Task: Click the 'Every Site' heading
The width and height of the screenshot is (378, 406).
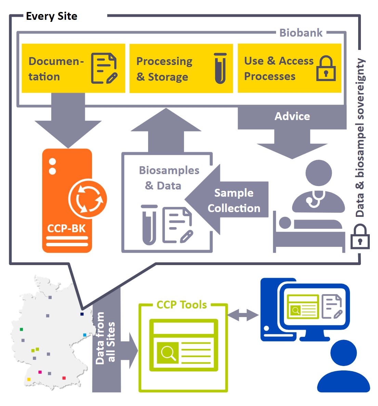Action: (52, 16)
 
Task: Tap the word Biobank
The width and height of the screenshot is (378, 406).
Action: (301, 33)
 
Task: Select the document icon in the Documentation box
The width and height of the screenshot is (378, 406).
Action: (104, 68)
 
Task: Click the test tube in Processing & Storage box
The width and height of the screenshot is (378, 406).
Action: (220, 68)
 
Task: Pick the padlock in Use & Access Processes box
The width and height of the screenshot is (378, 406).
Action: (326, 68)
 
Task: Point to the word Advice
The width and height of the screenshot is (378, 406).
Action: (292, 116)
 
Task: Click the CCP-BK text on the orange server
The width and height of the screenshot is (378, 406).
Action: (66, 228)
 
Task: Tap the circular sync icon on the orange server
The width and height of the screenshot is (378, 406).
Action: (88, 199)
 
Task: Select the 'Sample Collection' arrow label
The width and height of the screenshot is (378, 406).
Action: (234, 200)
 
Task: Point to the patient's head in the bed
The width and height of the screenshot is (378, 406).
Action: (285, 223)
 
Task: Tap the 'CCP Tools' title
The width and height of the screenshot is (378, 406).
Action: (182, 305)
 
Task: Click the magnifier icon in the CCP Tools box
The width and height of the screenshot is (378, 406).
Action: (168, 352)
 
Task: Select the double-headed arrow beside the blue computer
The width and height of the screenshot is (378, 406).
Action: (243, 315)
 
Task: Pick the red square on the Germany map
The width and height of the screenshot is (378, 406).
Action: (64, 378)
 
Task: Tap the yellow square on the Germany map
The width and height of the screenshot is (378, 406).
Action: (29, 379)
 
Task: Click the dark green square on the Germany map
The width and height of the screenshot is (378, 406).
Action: (22, 329)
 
